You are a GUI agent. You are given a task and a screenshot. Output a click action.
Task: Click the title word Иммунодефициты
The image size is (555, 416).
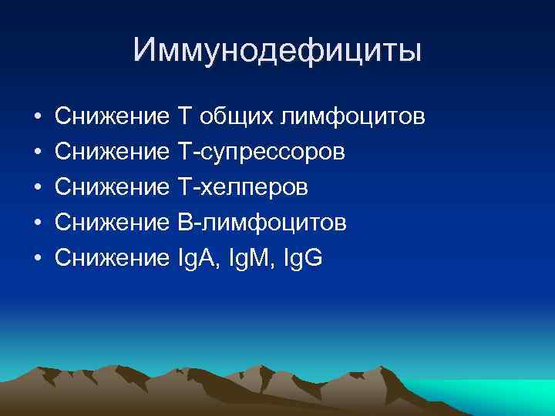[277, 51]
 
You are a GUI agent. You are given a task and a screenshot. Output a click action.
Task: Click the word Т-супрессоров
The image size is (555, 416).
[261, 152]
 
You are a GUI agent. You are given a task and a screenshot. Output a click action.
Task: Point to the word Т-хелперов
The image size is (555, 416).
[243, 187]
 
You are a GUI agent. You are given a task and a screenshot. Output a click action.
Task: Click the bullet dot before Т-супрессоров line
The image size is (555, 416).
[37, 153]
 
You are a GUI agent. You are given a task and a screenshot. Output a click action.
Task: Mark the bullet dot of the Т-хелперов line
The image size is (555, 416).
[37, 188]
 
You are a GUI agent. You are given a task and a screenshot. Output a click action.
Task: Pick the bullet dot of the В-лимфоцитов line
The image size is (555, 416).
[37, 223]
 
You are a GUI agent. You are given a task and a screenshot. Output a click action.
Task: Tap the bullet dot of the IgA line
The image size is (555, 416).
[37, 258]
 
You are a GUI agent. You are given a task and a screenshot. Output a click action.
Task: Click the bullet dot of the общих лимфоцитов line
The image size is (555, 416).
[37, 118]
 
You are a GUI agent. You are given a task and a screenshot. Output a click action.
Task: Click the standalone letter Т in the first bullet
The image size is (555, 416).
[185, 117]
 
